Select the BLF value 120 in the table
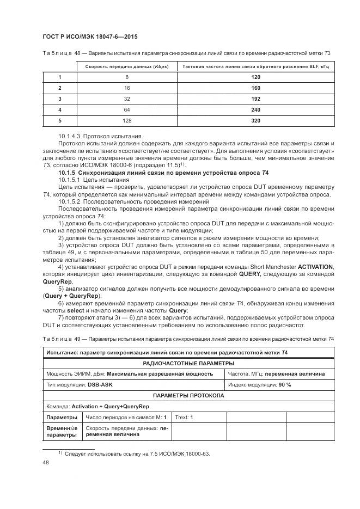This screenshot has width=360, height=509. pos(255,77)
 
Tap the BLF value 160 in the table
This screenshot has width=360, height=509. pos(255,88)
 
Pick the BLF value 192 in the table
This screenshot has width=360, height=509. pos(255,99)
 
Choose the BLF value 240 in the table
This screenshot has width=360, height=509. pos(255,110)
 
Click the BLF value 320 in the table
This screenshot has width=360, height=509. pos(255,121)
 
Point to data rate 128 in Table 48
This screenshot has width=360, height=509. pos(127,121)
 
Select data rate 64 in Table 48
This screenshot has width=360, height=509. pos(127,110)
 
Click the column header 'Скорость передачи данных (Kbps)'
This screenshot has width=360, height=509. pos(127,66)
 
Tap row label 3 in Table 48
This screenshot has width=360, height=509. pos(60,99)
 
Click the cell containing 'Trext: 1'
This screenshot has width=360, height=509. pos(184,418)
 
